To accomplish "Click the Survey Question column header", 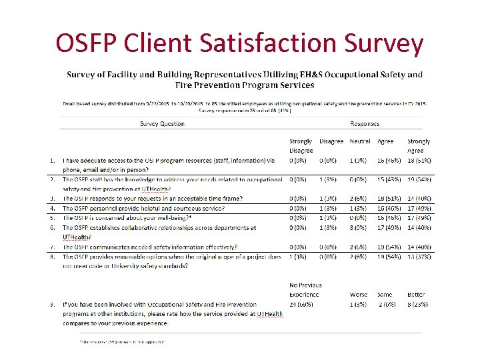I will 162,123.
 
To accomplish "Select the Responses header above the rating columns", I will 364,123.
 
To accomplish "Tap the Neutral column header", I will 360,141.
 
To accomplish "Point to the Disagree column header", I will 331,141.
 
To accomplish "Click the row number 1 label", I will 51,161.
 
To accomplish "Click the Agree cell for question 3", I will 391,199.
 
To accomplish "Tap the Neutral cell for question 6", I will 361,227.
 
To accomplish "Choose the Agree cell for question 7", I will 391,247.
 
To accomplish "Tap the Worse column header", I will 359,294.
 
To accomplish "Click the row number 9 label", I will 51,304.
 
